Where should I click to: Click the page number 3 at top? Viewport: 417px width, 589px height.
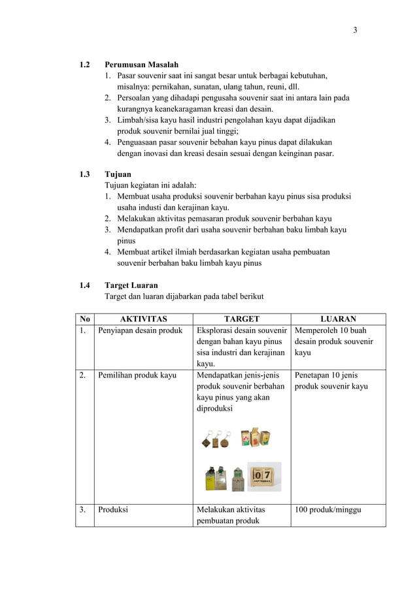[x=355, y=30]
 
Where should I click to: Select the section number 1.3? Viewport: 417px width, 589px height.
[x=84, y=174]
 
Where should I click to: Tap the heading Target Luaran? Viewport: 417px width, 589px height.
[x=131, y=285]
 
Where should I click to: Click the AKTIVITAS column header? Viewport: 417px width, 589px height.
[x=143, y=319]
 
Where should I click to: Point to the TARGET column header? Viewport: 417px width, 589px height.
[x=241, y=319]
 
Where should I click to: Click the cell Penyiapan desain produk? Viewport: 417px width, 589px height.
[x=140, y=330]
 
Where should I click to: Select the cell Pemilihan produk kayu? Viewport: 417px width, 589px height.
[x=137, y=375]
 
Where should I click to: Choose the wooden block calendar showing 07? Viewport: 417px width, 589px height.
[x=264, y=475]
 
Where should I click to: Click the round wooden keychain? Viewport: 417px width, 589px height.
[x=224, y=442]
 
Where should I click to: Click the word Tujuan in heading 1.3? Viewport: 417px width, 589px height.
[x=118, y=174]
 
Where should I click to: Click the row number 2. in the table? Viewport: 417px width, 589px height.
[x=83, y=375]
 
